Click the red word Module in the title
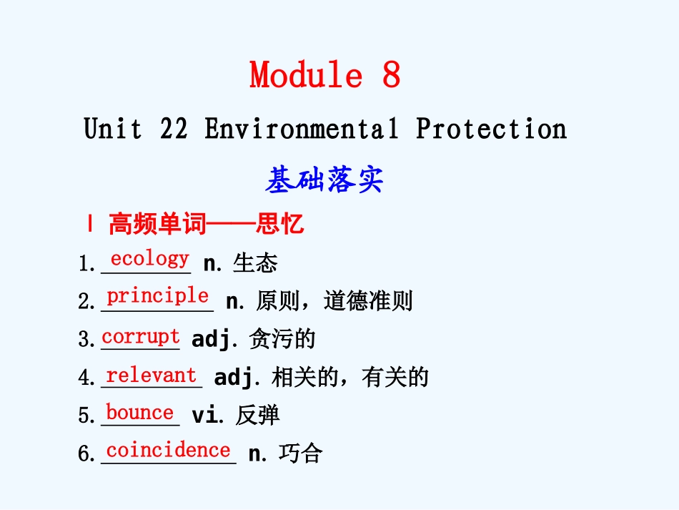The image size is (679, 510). [305, 75]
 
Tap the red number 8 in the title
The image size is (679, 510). [391, 75]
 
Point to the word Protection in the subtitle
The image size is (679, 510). [491, 129]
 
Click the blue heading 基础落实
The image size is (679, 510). [324, 180]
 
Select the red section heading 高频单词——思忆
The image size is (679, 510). [206, 225]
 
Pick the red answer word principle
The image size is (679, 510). [158, 295]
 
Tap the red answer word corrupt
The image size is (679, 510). [141, 336]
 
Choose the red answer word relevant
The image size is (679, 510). [151, 375]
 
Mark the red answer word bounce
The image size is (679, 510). [139, 413]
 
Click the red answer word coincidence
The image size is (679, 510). [168, 450]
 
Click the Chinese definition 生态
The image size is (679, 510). [255, 263]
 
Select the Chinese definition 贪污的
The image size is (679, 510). [282, 339]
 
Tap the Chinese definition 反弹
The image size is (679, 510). [257, 416]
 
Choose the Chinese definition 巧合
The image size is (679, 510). [301, 453]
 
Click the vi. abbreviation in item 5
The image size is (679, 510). [207, 415]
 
